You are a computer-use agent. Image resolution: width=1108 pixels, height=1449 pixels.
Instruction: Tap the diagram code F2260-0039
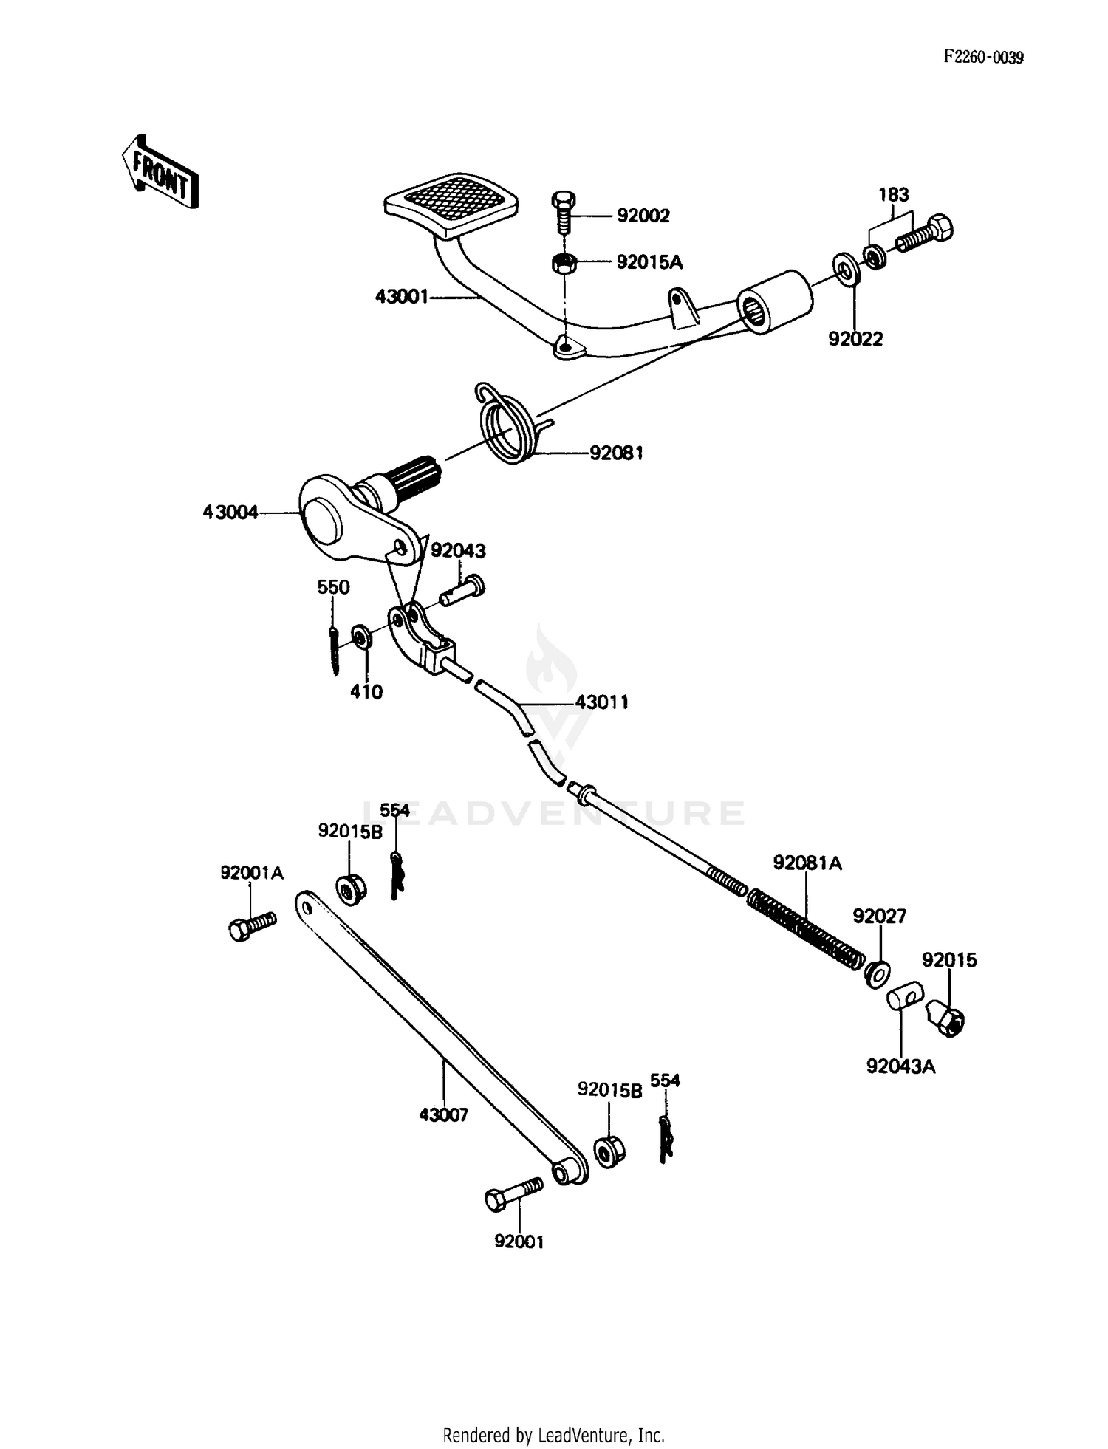[982, 58]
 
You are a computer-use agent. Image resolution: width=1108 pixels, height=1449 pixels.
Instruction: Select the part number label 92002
[643, 216]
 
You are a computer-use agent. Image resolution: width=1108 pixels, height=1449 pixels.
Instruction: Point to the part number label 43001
[401, 297]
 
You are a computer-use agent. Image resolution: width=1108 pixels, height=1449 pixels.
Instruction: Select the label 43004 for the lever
[230, 513]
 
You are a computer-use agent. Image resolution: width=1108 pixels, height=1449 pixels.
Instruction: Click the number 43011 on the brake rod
[602, 702]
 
